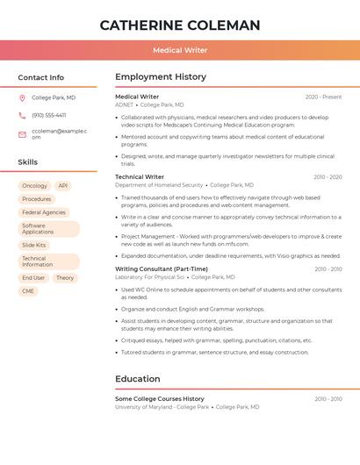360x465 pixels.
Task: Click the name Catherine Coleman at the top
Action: [x=180, y=25]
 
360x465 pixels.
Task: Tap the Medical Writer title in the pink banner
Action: [x=180, y=51]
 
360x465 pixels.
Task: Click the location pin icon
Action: [x=22, y=98]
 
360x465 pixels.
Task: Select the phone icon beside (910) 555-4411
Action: [x=22, y=115]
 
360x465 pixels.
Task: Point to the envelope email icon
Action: [x=22, y=134]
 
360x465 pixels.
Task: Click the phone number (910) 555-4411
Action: [x=48, y=115]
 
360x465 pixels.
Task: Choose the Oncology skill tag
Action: [x=34, y=186]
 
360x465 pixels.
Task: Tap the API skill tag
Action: [x=63, y=186]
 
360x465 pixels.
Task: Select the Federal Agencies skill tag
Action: [x=44, y=212]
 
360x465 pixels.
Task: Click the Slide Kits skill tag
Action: [x=34, y=245]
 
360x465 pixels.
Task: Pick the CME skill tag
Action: [x=28, y=290]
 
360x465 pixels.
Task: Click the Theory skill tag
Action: [x=65, y=277]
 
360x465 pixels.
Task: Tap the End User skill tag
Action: [x=33, y=277]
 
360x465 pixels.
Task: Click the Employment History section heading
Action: [x=161, y=77]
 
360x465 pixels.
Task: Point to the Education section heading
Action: [x=138, y=379]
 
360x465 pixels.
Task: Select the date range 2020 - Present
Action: [x=323, y=97]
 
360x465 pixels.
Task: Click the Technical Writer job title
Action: [x=140, y=177]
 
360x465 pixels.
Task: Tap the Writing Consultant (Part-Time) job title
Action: [x=162, y=269]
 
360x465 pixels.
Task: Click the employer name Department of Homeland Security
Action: [x=159, y=185]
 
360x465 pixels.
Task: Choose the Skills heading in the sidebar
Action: [x=28, y=162]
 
